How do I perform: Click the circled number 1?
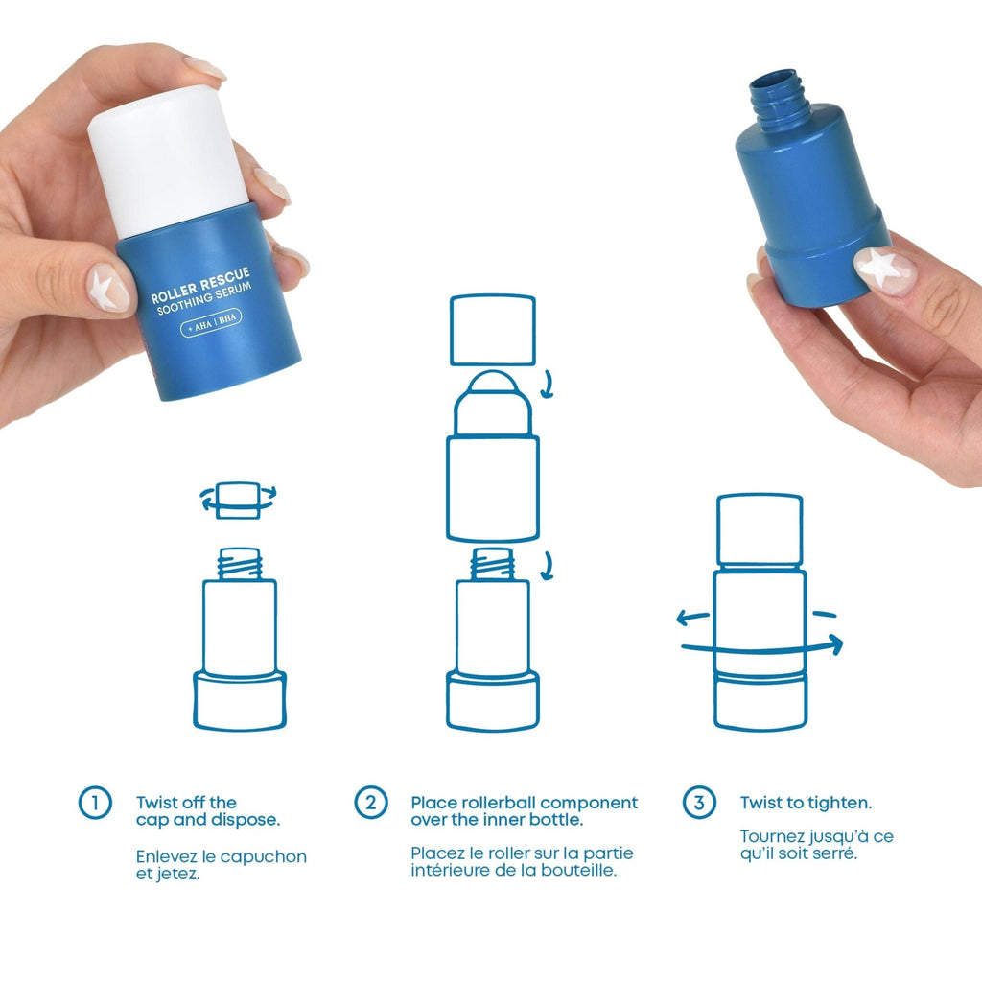[x=94, y=803]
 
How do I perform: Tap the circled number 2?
[x=370, y=802]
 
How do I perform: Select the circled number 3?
[x=698, y=802]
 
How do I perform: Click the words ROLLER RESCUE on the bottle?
[x=199, y=282]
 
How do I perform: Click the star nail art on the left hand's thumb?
[x=107, y=287]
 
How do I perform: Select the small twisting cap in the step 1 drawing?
[x=238, y=500]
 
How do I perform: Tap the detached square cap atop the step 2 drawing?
[x=492, y=329]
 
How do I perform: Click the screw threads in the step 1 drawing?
[x=240, y=564]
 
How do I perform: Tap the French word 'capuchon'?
[x=263, y=856]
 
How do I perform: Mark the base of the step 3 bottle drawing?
[x=760, y=701]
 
